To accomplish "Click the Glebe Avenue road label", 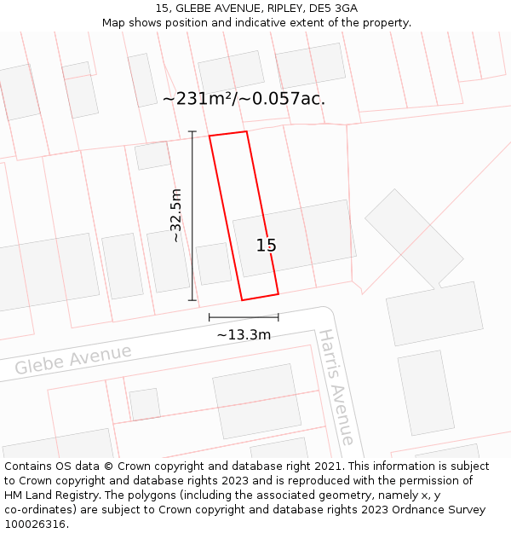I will (x=73, y=360).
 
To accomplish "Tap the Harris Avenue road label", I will (x=336, y=387).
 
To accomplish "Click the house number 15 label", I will (x=267, y=246).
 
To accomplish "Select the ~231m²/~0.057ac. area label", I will (x=244, y=99).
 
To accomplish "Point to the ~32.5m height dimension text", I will (x=176, y=215).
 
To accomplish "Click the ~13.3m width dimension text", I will (x=244, y=335).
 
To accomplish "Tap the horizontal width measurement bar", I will (x=244, y=317).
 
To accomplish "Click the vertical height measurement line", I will (x=192, y=215).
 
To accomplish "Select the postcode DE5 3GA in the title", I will (x=334, y=9).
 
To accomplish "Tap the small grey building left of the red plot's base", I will (x=214, y=264).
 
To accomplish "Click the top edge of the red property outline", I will (x=228, y=134).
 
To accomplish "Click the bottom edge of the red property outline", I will (x=261, y=297).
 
